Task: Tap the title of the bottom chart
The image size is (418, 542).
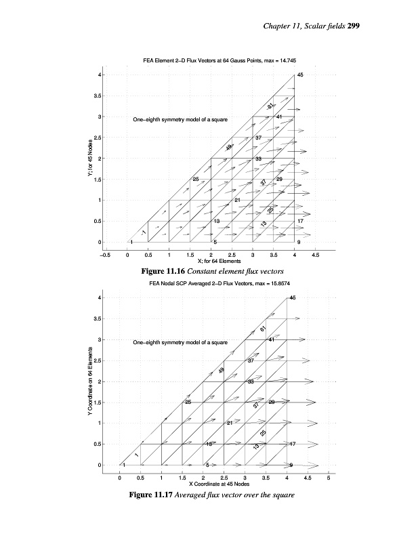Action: click(210, 283)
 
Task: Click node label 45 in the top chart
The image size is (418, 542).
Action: click(300, 75)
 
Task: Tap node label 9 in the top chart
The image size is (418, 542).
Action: click(299, 242)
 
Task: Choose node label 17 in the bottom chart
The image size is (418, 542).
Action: click(292, 444)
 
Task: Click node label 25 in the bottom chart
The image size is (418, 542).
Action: click(188, 402)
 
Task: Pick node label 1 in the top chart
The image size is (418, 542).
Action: click(131, 242)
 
